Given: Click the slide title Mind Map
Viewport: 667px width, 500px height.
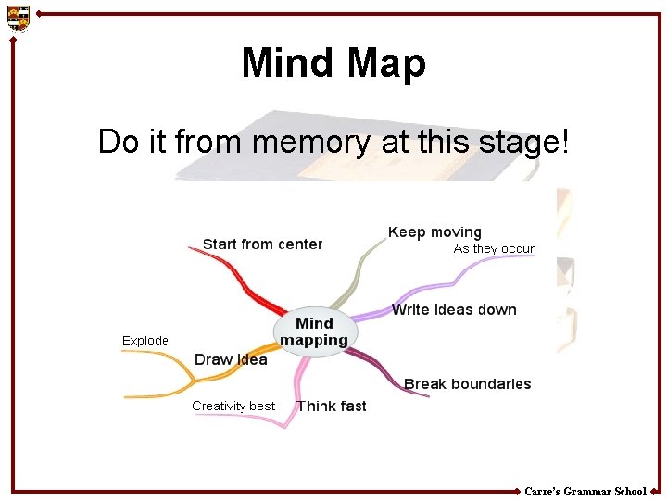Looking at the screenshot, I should [333, 64].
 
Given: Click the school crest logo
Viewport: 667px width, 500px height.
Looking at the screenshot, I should [19, 18].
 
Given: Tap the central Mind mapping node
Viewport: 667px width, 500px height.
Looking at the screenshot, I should [314, 331].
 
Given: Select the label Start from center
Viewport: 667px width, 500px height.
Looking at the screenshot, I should [262, 244].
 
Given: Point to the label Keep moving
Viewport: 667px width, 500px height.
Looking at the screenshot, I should [434, 232].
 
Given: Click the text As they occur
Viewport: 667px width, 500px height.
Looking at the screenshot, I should [494, 249].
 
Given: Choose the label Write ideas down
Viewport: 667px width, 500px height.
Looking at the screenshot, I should [454, 309].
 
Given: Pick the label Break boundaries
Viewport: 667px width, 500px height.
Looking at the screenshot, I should [467, 383].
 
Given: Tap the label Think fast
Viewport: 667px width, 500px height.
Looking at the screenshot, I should [331, 406].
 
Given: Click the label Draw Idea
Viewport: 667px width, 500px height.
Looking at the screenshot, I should [231, 359].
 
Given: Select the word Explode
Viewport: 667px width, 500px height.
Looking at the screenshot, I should [145, 341].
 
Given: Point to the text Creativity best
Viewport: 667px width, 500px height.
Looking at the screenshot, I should [233, 406].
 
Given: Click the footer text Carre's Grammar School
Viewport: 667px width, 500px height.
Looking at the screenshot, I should [585, 492].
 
